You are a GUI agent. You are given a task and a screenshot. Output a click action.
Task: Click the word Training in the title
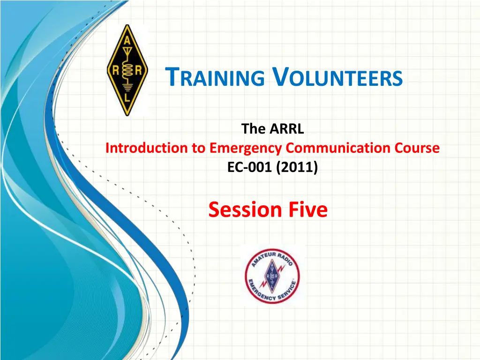(215, 77)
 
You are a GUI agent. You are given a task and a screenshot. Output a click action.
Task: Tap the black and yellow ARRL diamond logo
(127, 70)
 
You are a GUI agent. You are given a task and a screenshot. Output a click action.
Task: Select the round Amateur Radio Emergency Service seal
(272, 276)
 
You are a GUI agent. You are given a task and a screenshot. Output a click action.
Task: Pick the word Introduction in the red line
(147, 148)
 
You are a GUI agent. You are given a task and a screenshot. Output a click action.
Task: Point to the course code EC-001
(249, 167)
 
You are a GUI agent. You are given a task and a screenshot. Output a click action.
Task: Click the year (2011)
(297, 167)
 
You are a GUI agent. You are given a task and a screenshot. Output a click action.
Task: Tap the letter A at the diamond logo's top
(127, 41)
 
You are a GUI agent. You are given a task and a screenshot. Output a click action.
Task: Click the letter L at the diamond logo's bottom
(127, 98)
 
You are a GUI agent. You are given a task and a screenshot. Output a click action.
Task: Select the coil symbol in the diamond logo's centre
(127, 71)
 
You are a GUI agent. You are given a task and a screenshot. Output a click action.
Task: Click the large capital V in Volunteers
(281, 76)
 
